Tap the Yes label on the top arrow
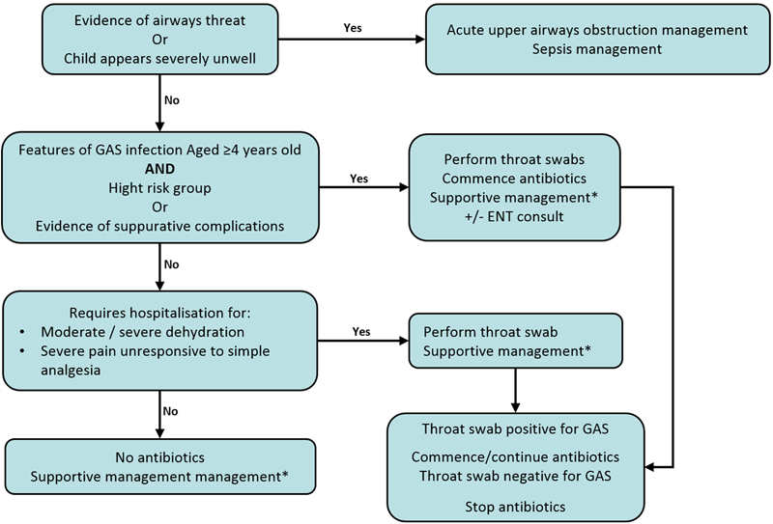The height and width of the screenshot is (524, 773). coord(354,27)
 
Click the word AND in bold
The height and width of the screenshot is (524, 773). coord(159,172)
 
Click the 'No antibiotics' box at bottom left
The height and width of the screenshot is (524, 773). coord(159,466)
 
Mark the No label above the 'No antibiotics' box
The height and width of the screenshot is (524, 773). coord(170,410)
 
